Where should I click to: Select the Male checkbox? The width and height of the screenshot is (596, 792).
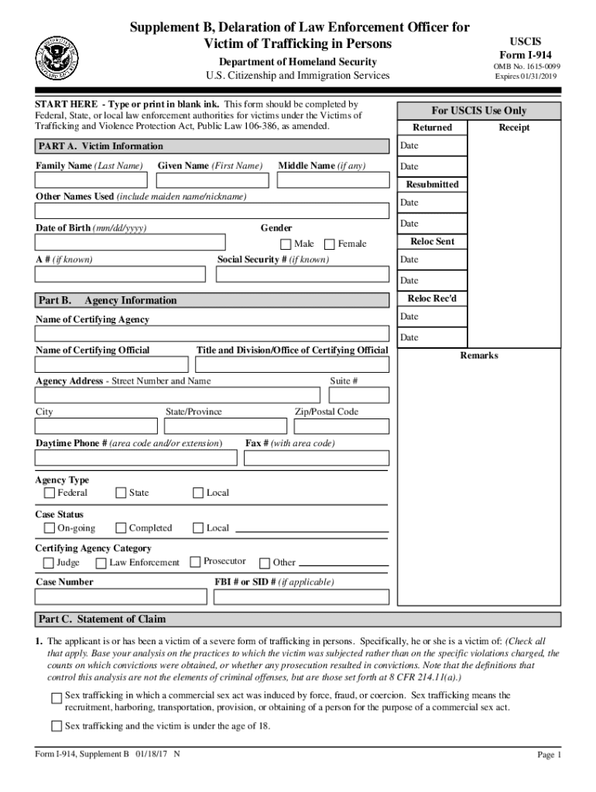(286, 244)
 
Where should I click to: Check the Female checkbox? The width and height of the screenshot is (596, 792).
(329, 244)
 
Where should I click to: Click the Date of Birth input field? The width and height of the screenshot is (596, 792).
(130, 241)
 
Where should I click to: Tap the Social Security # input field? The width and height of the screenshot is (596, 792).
(303, 274)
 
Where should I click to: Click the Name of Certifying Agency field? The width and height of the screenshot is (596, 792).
(211, 334)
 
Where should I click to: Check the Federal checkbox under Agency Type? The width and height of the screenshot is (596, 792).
(50, 493)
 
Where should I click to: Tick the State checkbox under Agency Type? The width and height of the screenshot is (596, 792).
(121, 493)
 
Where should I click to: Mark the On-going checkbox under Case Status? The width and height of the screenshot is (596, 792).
(50, 528)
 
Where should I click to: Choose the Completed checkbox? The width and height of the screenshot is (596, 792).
(121, 528)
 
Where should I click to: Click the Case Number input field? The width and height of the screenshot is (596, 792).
(121, 596)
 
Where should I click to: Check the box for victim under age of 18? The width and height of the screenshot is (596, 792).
(56, 725)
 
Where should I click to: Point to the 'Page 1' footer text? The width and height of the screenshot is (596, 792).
(549, 756)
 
